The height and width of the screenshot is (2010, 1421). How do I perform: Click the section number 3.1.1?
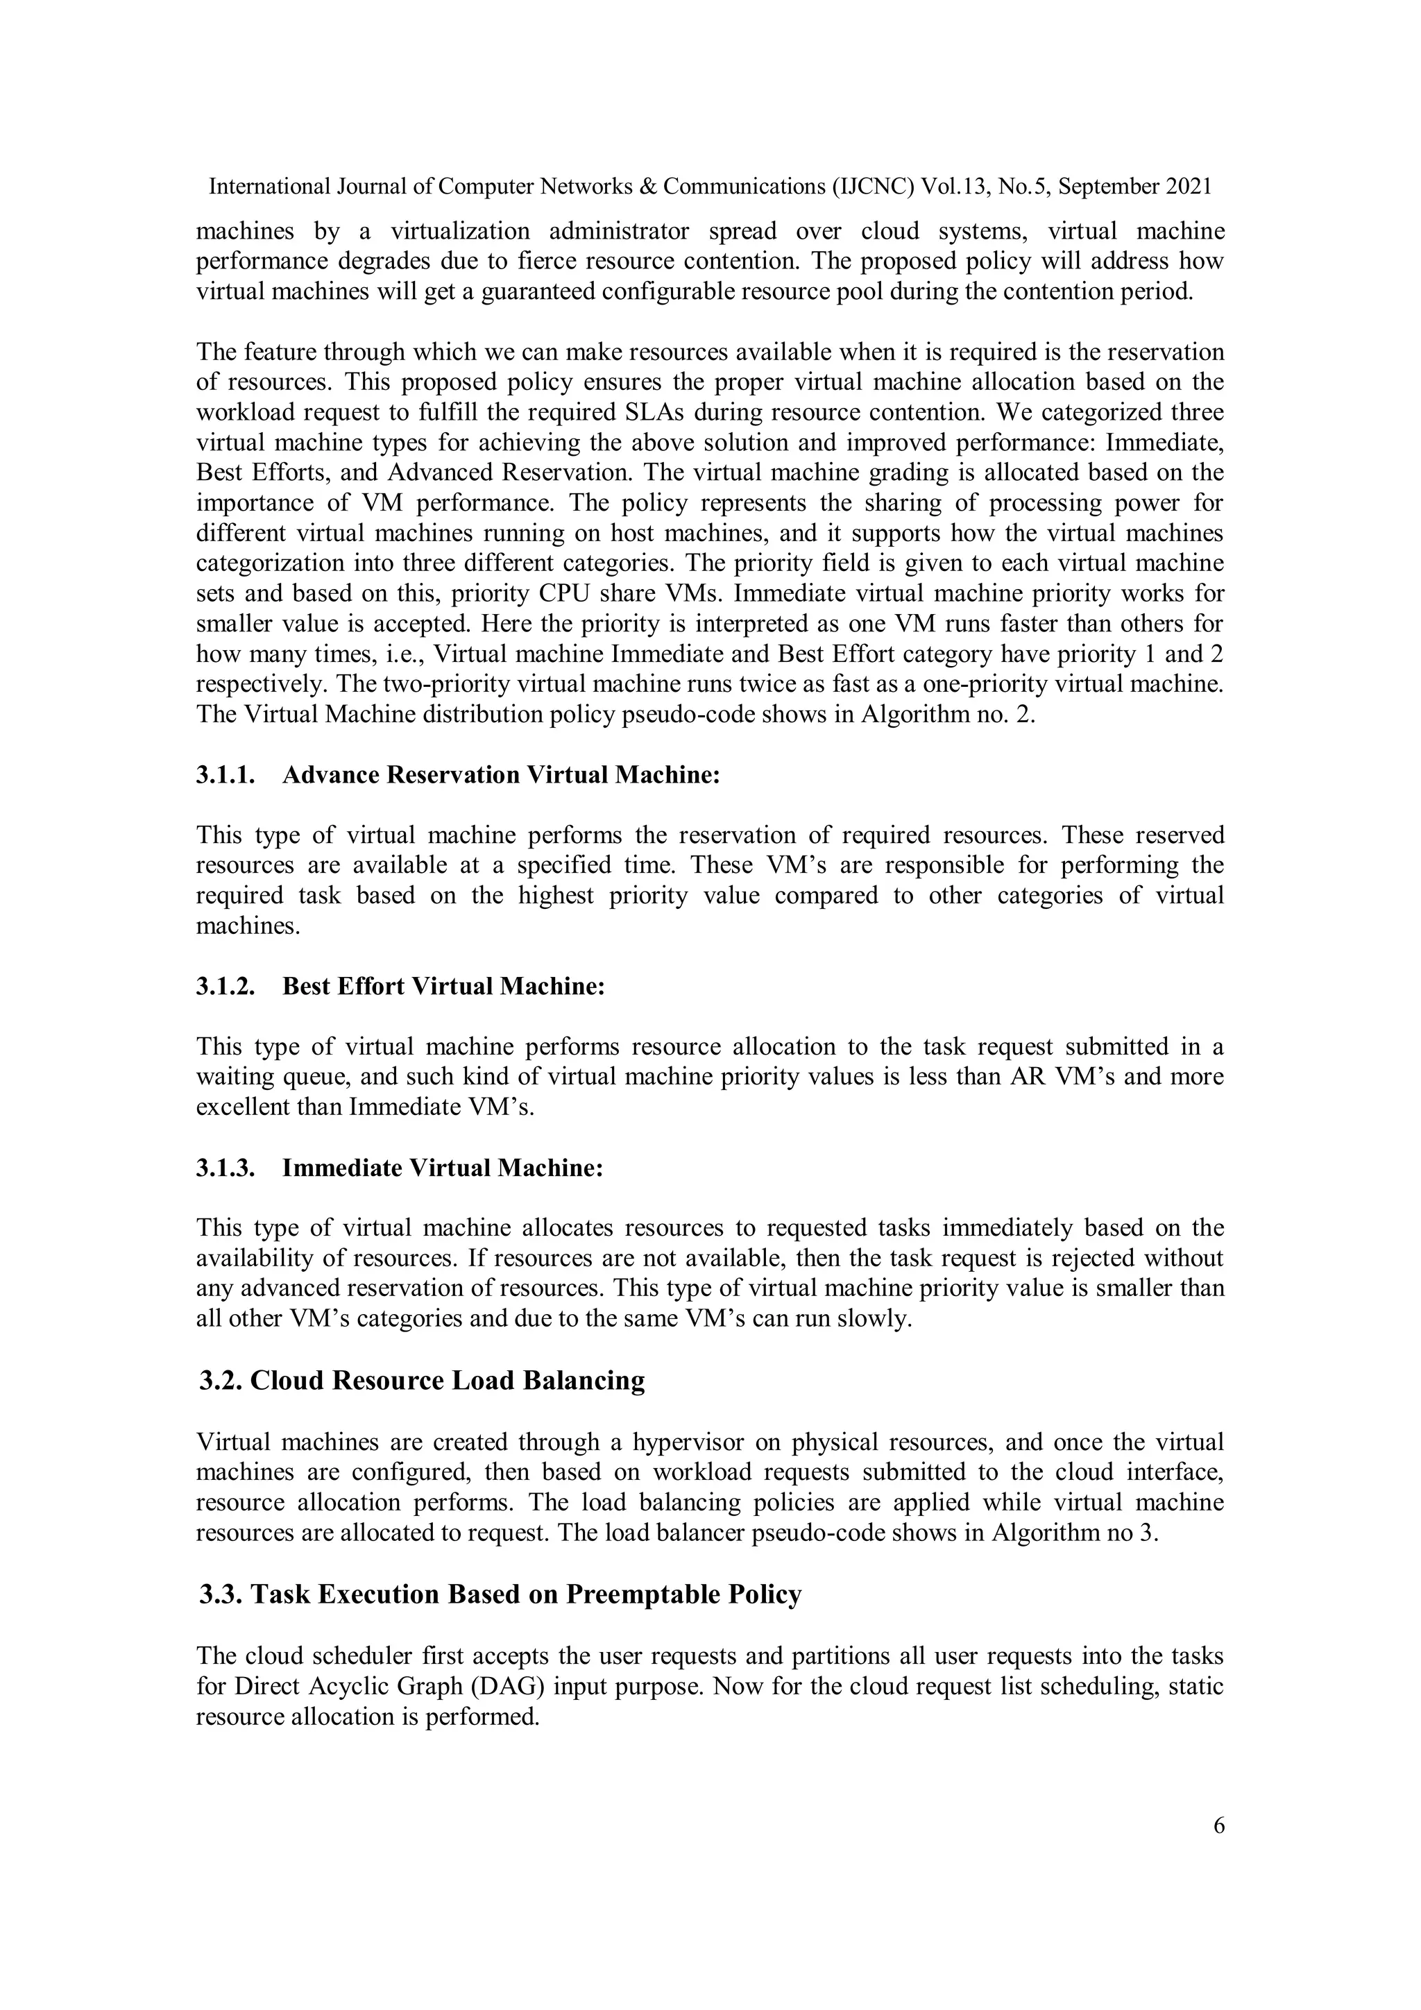pyautogui.click(x=225, y=776)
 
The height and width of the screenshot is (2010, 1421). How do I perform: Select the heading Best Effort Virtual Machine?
pyautogui.click(x=443, y=987)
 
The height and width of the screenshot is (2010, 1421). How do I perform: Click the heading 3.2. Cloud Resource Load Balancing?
pyautogui.click(x=421, y=1381)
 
